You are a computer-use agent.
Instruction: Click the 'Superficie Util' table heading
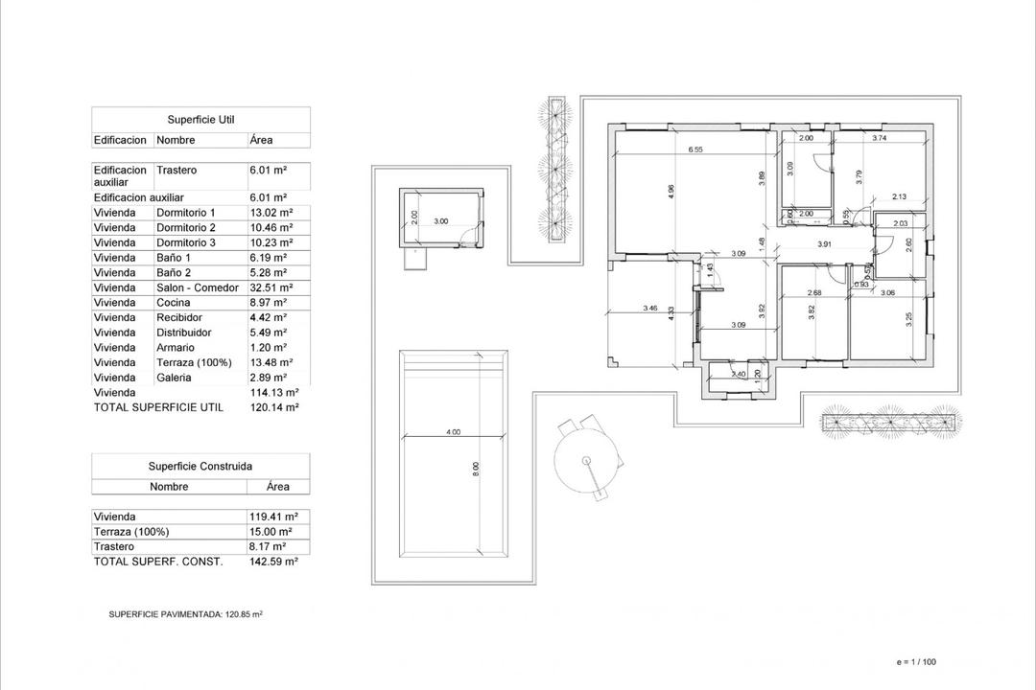(200, 120)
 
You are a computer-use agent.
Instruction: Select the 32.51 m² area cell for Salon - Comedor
(271, 287)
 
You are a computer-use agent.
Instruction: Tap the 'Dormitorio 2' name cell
(186, 228)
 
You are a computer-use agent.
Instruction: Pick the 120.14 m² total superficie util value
(273, 407)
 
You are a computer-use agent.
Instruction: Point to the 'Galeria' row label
(174, 378)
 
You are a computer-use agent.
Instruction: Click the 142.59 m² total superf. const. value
(273, 562)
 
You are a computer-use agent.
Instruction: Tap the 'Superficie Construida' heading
(200, 466)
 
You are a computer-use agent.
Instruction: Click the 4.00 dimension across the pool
(454, 432)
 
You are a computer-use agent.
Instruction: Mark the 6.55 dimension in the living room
(696, 149)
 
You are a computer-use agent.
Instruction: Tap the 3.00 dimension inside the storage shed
(441, 221)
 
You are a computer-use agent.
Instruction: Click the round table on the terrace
(586, 461)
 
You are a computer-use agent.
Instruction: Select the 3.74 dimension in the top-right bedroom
(879, 139)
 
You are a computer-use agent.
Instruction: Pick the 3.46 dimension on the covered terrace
(649, 309)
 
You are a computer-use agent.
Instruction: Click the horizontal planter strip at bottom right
(890, 421)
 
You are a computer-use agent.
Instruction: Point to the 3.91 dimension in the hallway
(824, 244)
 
